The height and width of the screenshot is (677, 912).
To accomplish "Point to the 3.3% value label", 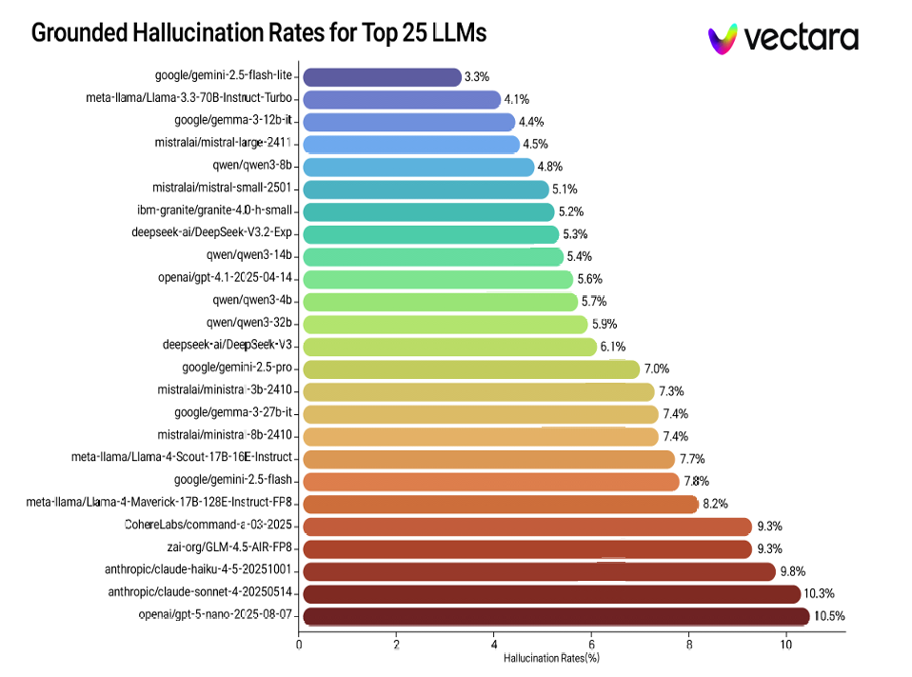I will pos(477,76).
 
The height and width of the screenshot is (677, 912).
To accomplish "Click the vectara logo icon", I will pos(723,38).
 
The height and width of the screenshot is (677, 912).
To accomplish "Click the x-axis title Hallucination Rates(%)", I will pos(551,657).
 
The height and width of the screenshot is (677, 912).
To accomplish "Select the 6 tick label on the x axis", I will pos(591,645).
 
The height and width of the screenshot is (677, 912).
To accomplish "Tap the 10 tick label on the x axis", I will pos(785,645).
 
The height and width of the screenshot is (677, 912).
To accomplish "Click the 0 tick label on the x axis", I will pos(300,645).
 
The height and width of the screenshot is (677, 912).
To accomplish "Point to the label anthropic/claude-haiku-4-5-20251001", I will pos(199,570).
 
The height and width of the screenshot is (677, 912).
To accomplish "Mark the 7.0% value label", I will pos(657,368).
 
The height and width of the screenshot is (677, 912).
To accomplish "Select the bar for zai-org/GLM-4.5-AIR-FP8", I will pos(526,548).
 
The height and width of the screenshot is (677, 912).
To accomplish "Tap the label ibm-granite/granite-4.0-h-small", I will pos(214,210).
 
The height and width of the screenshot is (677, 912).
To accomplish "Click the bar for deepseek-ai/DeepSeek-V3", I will pos(448,347).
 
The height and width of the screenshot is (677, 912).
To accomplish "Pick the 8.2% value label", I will pos(715,504).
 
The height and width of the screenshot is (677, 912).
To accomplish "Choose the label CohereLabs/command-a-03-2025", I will pos(208,526).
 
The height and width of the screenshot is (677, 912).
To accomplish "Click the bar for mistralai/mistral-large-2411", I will pos(410,145).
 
